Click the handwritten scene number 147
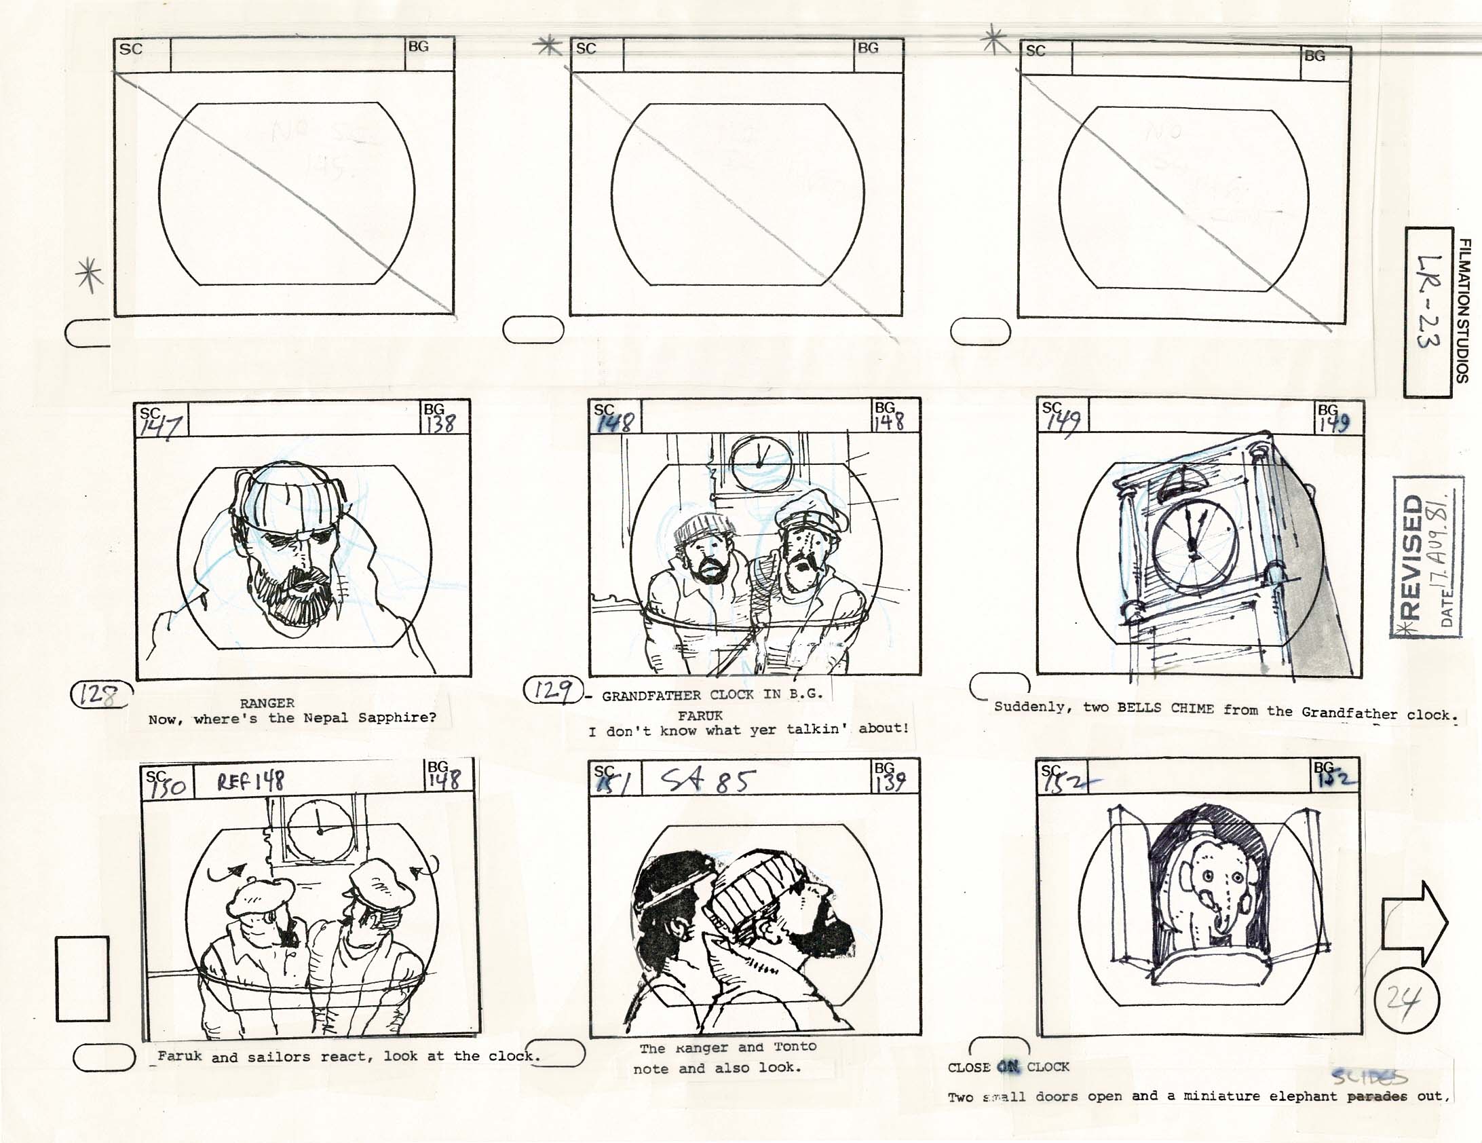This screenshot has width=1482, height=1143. pos(161,426)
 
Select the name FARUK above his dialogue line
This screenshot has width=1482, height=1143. pos(700,715)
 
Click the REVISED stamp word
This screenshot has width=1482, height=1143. pos(1413,556)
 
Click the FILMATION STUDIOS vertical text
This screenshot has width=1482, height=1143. pos(1464,310)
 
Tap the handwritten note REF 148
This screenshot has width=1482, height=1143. pos(250,781)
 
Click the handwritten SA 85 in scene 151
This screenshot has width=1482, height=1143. pos(706,781)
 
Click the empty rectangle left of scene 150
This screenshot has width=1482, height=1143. pos(82,979)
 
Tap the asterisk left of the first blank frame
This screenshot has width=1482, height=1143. pos(90,275)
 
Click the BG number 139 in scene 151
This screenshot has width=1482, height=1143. pos(890,781)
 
